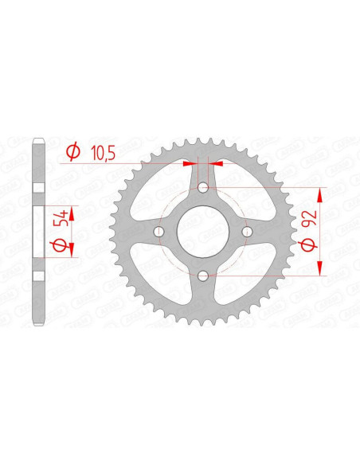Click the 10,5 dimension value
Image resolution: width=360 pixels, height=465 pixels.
[x=104, y=154]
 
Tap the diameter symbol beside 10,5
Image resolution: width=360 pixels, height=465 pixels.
[x=73, y=152]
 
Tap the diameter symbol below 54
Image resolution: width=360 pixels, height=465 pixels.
[x=59, y=245]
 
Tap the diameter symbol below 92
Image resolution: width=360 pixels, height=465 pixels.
[x=309, y=245]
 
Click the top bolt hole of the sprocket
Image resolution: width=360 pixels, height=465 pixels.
[x=203, y=187]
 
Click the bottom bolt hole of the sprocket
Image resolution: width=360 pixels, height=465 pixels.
[x=203, y=275]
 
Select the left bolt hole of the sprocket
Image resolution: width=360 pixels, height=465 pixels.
[x=159, y=232]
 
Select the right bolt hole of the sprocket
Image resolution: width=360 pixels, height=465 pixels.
[x=247, y=232]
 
